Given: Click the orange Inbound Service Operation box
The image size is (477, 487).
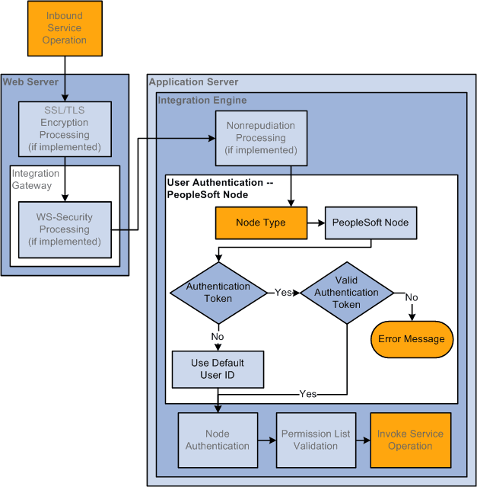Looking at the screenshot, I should point(65,28).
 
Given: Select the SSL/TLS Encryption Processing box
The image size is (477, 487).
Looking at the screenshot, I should point(65,129).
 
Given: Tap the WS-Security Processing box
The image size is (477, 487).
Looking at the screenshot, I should point(65,229).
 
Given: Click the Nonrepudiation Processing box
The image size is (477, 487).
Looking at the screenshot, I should point(261,138).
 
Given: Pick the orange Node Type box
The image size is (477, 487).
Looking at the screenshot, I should point(261,223).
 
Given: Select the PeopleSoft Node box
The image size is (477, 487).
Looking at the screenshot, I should point(370,223).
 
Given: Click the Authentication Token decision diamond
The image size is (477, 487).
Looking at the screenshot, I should point(218,292).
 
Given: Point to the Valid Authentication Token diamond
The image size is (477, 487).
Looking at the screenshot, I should point(346,293).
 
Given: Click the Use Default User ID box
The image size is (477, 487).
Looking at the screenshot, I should point(218,369).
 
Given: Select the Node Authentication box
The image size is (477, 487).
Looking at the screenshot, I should point(217,440).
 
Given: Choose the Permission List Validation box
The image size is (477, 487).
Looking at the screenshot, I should point(315,440).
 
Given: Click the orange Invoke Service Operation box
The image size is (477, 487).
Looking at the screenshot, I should point(410,440).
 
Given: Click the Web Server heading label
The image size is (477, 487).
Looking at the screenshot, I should point(30,82).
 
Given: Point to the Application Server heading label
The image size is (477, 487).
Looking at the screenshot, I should point(193,82).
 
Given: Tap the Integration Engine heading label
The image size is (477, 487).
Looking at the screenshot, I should point(202,100).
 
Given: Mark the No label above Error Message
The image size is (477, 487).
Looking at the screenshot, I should point(411,297).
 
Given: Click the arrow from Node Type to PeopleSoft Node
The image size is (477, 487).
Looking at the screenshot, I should point(316,223).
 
